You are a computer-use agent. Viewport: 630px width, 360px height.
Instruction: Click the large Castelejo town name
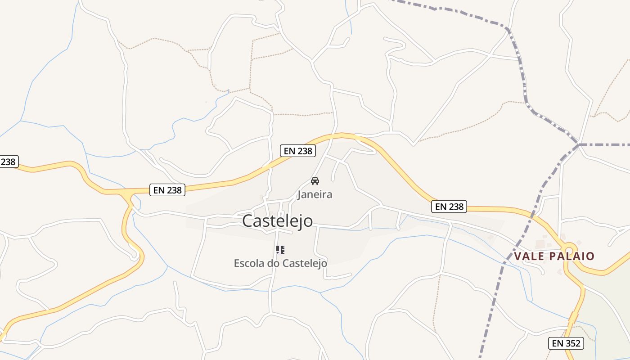coord(277,221)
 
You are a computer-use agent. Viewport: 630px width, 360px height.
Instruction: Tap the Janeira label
coord(315,194)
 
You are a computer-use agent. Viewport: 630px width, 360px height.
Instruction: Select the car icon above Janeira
coord(315,181)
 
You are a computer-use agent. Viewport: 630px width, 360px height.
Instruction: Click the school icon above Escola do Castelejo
coord(280,249)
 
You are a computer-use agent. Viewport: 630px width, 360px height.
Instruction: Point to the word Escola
coord(249,263)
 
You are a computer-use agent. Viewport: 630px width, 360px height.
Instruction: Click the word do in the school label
coord(273,263)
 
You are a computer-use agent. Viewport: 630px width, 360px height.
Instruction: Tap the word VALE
coord(530,256)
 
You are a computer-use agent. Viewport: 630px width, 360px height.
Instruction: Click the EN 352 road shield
coord(566,343)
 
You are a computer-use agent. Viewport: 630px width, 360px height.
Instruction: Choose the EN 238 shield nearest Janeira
coord(297,151)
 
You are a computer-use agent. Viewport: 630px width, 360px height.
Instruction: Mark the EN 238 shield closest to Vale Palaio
coord(449,207)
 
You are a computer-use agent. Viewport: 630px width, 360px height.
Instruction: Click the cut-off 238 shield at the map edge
coord(8,162)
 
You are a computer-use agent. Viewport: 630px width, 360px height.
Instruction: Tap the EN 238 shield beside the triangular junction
coord(167,190)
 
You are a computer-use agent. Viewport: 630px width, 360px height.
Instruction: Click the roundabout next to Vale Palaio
coord(569,250)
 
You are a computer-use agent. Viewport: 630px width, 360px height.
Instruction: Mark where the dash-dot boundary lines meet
coord(579,144)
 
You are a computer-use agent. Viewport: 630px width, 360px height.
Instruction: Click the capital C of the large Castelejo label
coord(248,221)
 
